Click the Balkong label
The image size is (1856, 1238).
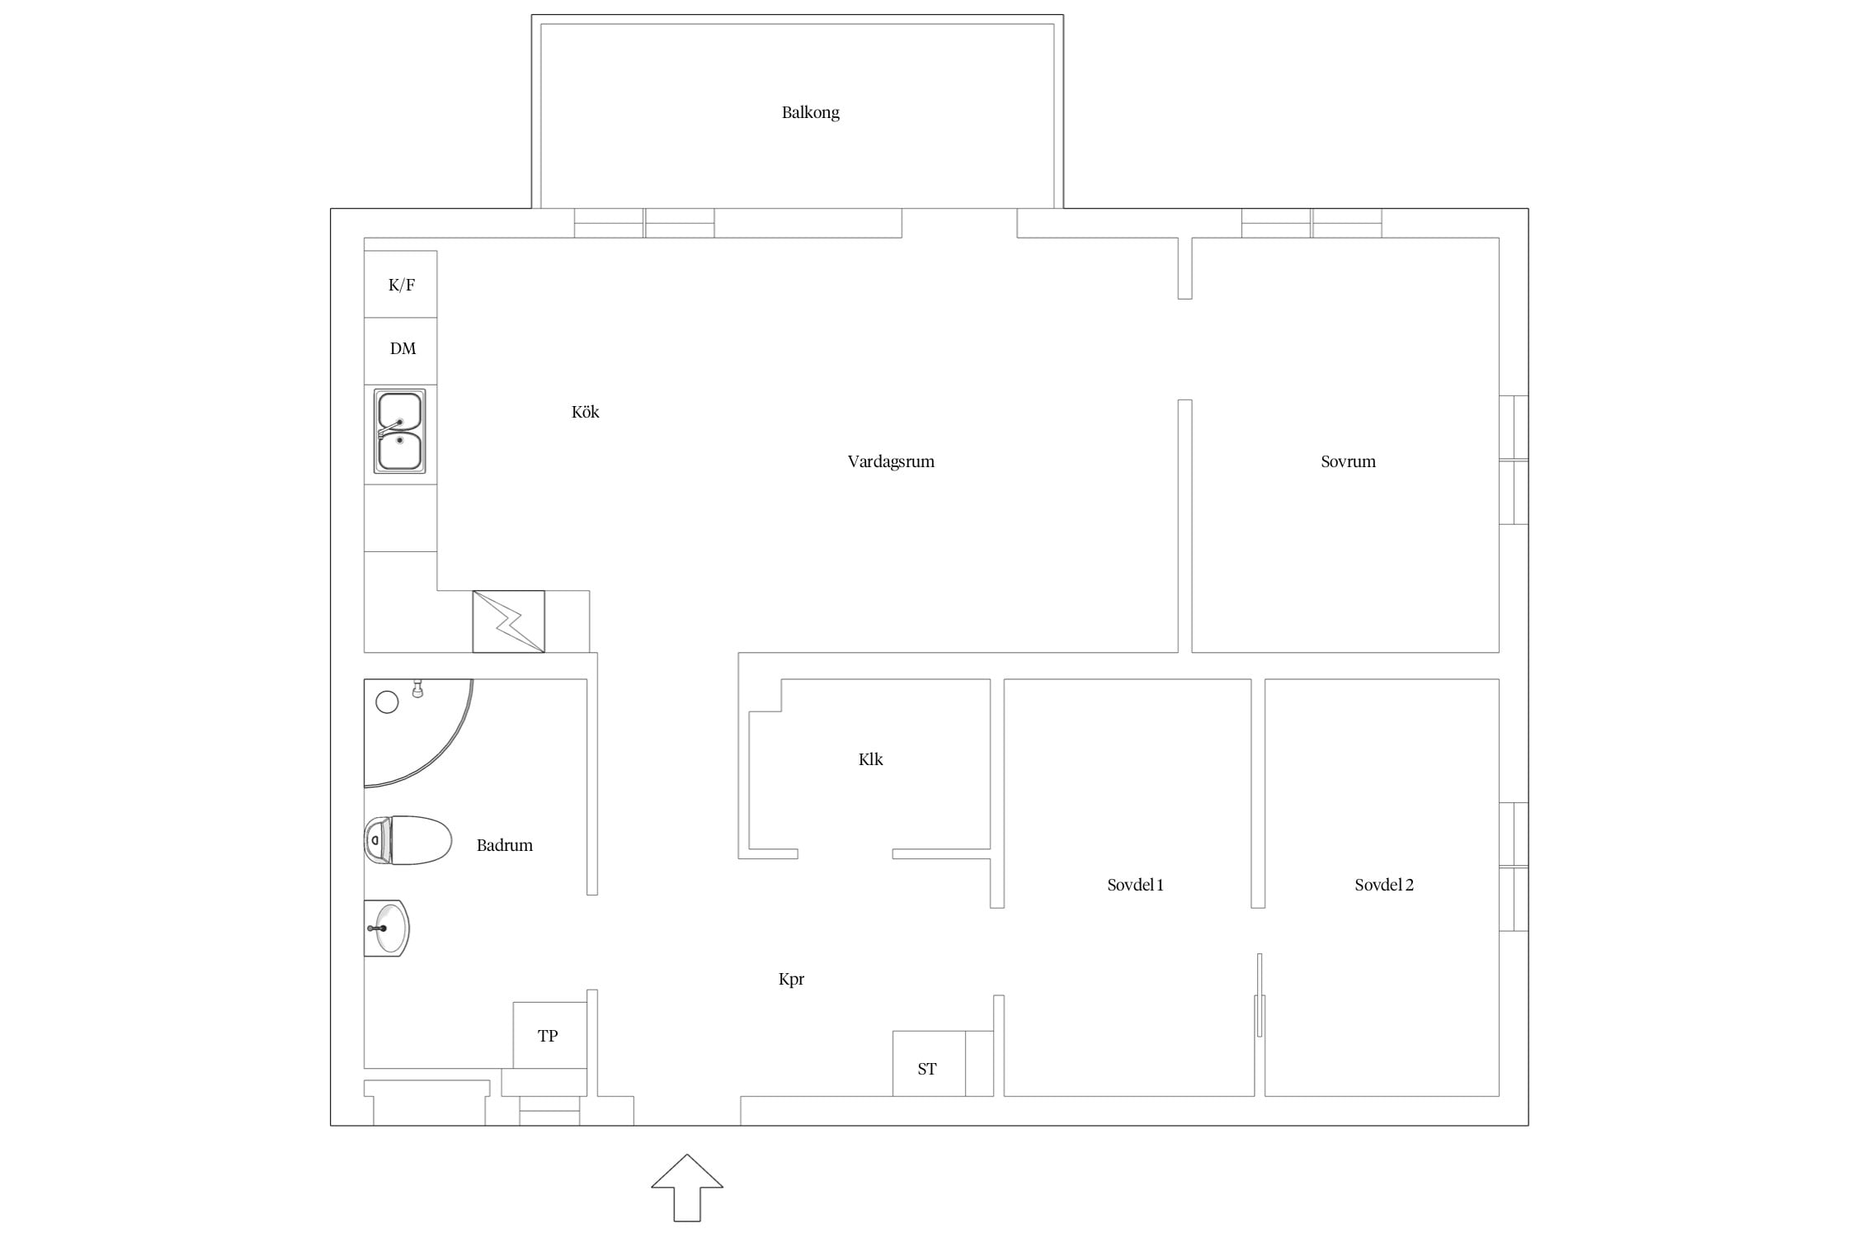pos(810,112)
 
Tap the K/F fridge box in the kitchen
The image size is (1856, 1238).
pos(401,284)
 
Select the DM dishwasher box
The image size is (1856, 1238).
pos(401,351)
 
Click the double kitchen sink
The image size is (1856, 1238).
pos(400,431)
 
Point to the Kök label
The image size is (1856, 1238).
pos(585,412)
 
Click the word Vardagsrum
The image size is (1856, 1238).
pos(891,461)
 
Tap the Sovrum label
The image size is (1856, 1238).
pos(1348,461)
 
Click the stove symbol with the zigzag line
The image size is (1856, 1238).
pos(508,621)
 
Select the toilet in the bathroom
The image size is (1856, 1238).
pos(408,840)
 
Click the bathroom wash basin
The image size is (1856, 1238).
pos(387,928)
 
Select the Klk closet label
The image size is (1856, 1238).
pos(870,759)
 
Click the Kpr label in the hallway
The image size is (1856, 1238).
pos(791,980)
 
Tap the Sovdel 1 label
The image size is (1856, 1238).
pos(1135,885)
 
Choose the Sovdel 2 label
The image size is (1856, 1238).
pos(1383,885)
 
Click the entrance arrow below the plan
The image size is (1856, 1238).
pos(687,1188)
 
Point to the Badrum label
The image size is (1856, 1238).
pos(504,845)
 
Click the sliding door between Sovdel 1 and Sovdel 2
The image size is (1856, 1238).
pos(1260,995)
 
